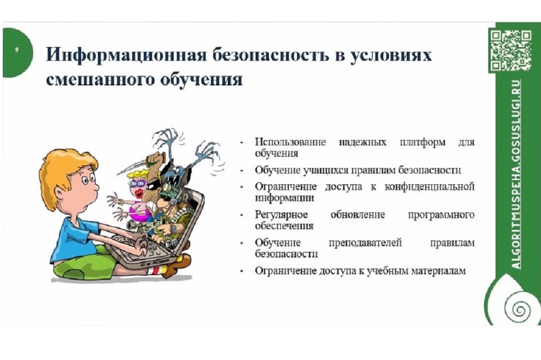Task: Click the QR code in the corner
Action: (x=511, y=50)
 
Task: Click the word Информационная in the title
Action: (x=126, y=55)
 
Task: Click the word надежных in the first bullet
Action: (x=362, y=142)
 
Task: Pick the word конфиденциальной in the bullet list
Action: (x=430, y=186)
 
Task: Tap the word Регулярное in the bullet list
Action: (x=281, y=215)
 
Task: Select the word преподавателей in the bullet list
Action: (x=365, y=243)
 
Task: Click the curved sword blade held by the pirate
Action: (x=133, y=166)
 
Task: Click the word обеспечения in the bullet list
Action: (x=284, y=226)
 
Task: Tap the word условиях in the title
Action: (x=391, y=56)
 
